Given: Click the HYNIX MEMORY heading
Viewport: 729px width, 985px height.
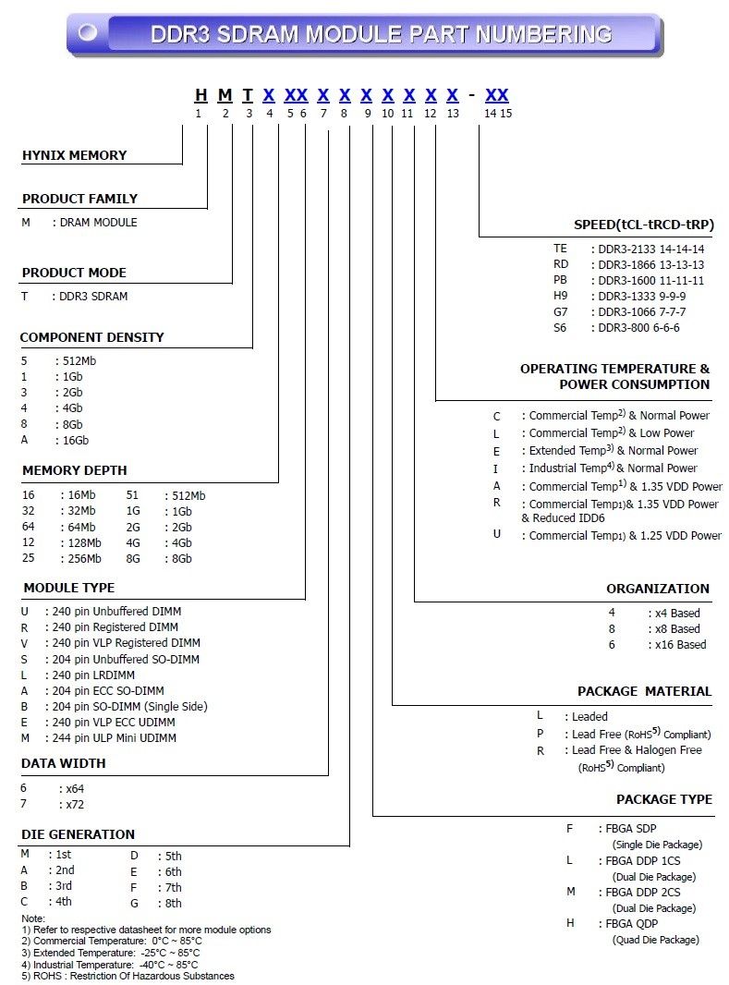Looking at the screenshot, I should [74, 155].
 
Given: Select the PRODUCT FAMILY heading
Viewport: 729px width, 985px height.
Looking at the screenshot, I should [79, 199].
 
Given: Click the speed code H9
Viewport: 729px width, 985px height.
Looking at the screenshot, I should [560, 296].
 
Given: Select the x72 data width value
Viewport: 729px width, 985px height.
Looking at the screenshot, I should [75, 804].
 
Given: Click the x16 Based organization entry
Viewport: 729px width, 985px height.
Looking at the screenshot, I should [680, 644].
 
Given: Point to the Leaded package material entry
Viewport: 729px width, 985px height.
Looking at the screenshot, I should [589, 716].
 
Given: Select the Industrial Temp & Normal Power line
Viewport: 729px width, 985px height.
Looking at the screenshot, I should [613, 468].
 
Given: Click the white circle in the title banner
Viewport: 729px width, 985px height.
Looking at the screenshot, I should [88, 33].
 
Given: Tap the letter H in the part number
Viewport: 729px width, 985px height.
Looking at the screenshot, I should [200, 94].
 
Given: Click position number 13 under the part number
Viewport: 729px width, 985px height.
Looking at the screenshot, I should [452, 113].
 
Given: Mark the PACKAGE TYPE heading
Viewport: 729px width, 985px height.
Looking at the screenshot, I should [664, 799].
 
